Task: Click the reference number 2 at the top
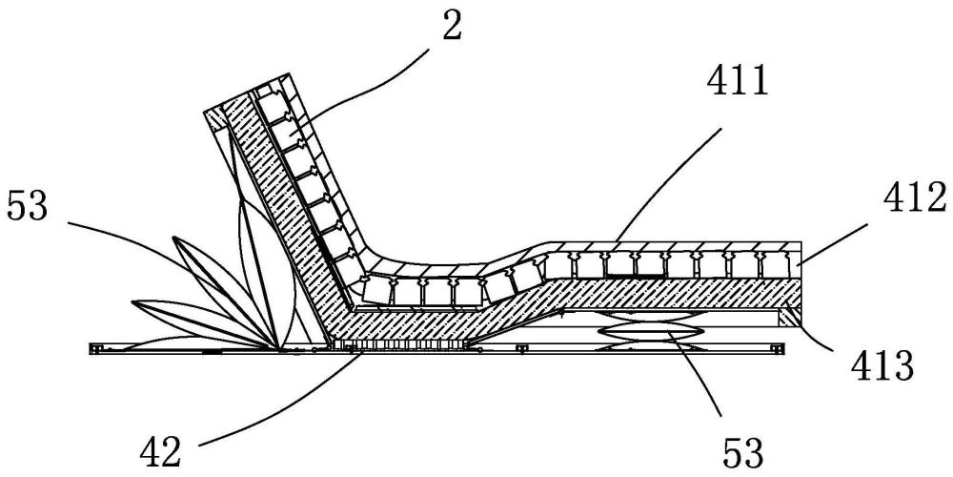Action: (x=451, y=26)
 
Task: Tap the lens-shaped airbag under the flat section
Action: (x=653, y=329)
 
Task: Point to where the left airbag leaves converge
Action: (x=277, y=345)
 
